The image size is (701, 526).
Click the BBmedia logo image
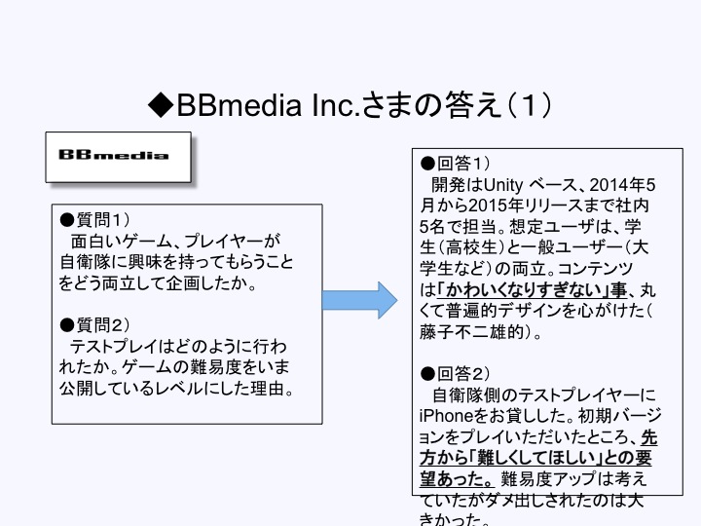(118, 156)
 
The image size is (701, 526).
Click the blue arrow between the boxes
(359, 299)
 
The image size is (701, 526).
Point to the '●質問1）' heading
(100, 220)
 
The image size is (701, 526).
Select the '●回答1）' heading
(456, 163)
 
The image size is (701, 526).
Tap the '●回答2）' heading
(456, 373)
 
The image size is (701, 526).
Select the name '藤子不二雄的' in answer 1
(465, 332)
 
